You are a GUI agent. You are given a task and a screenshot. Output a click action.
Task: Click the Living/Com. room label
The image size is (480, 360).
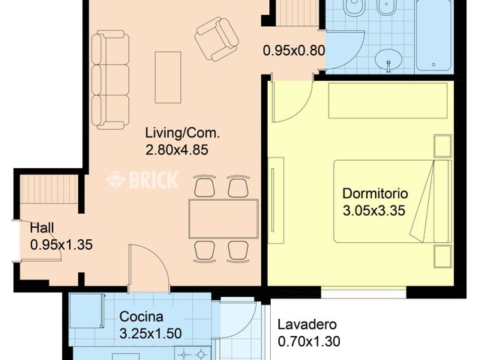click(x=182, y=133)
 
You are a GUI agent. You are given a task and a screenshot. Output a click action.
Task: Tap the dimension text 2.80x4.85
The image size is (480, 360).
click(x=177, y=150)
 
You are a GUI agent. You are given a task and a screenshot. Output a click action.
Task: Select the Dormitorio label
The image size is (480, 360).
click(x=375, y=193)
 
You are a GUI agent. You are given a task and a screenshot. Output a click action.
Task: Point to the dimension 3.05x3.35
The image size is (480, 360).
click(x=373, y=211)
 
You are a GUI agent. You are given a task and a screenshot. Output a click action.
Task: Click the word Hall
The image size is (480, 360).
click(x=42, y=228)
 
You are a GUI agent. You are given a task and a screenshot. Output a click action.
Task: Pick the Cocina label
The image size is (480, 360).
click(x=141, y=316)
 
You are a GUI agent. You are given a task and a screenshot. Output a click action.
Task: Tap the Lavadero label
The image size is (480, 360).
click(x=307, y=325)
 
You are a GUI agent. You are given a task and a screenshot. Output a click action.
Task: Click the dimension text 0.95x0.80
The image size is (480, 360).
click(x=294, y=50)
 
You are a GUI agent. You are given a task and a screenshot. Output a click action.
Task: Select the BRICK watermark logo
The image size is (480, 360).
click(x=142, y=180)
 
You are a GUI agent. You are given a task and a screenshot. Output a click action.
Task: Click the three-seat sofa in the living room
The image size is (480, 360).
click(x=110, y=79)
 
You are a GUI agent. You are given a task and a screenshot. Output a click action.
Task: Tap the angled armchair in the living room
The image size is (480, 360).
click(x=217, y=39)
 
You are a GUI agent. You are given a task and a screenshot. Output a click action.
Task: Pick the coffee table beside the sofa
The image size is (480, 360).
click(x=168, y=77)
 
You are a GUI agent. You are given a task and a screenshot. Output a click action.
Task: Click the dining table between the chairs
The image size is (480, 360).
click(x=223, y=219)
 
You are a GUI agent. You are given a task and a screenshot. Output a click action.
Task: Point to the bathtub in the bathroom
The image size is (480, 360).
click(x=433, y=35)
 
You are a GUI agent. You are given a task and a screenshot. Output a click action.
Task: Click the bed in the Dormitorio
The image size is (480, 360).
click(x=392, y=201)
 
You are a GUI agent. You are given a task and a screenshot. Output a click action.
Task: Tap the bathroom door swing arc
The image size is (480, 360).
click(x=355, y=57)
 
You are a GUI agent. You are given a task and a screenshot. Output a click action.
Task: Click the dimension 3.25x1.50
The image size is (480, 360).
click(x=151, y=334)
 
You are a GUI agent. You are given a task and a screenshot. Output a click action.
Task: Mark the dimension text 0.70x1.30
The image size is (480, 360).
click(x=309, y=341)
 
